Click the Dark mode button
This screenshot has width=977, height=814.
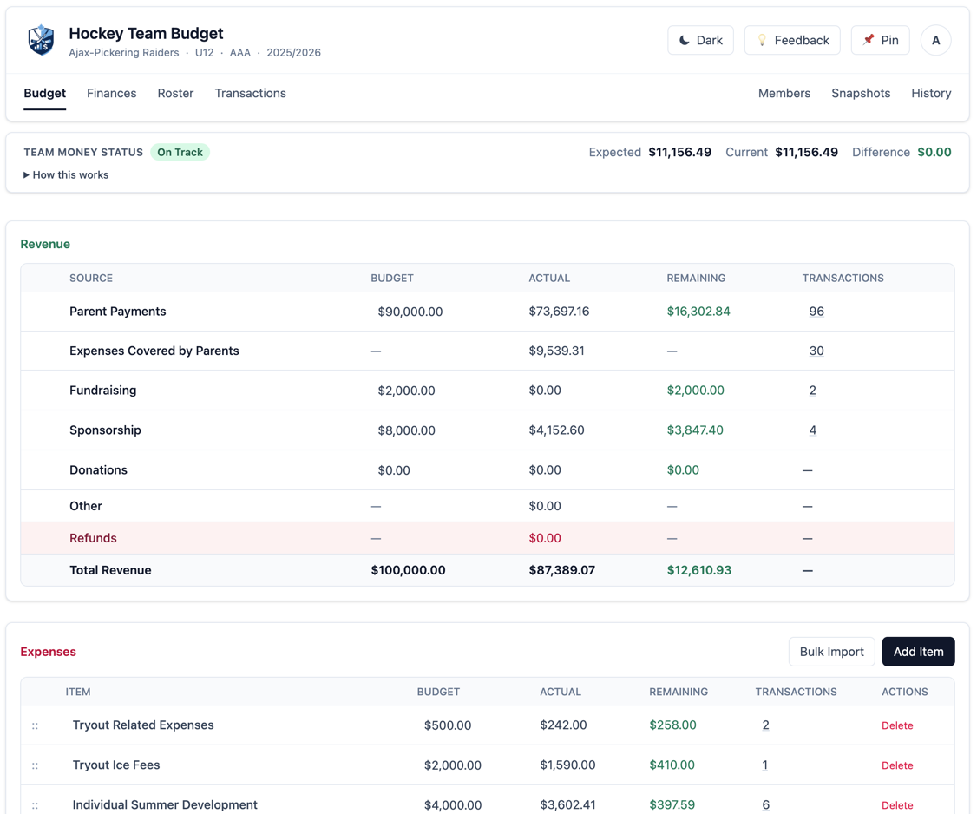700,40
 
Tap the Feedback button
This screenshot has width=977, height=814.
791,40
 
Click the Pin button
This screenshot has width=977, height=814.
880,40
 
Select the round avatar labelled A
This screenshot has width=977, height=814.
935,40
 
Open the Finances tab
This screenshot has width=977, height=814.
111,93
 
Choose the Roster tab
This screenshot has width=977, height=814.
175,93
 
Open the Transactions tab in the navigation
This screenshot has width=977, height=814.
250,93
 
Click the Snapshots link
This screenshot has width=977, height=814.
860,93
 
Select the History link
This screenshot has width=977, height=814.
930,93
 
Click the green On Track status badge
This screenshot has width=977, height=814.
180,152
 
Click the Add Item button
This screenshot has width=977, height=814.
918,652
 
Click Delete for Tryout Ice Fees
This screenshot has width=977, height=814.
896,765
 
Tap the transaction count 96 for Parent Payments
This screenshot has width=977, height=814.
816,312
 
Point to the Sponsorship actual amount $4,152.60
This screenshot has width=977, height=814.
556,430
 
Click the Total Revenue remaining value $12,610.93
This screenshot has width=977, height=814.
698,570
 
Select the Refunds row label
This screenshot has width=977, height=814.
93,538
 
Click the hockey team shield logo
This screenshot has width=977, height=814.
41,40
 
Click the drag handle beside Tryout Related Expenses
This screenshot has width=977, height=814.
36,725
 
